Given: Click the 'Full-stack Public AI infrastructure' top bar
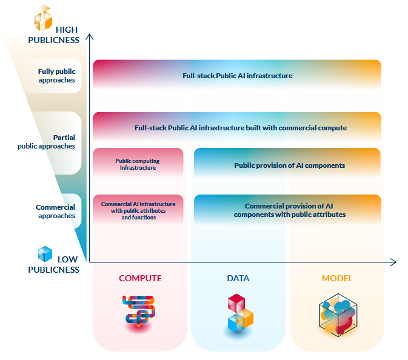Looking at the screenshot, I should (x=237, y=76).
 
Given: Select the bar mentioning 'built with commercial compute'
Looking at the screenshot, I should (x=237, y=128).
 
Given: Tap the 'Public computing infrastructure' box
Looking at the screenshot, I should (x=138, y=164).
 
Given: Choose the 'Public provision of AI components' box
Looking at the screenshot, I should (x=287, y=165).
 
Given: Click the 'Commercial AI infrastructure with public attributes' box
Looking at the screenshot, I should (x=138, y=210).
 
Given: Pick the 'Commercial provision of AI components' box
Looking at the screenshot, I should (x=287, y=210).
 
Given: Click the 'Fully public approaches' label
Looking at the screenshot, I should (x=56, y=76).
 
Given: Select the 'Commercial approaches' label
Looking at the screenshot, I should (x=56, y=212).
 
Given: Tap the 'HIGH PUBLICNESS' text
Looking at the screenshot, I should (x=58, y=35).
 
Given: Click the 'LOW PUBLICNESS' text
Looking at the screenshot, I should (x=58, y=264).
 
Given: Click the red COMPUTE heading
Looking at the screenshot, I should (x=140, y=279).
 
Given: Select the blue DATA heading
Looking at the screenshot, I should (x=238, y=279).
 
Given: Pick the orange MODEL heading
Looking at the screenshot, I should (x=337, y=279).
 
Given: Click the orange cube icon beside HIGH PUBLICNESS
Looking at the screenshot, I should (x=44, y=18).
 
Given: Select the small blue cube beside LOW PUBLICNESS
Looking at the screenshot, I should (x=45, y=253).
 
